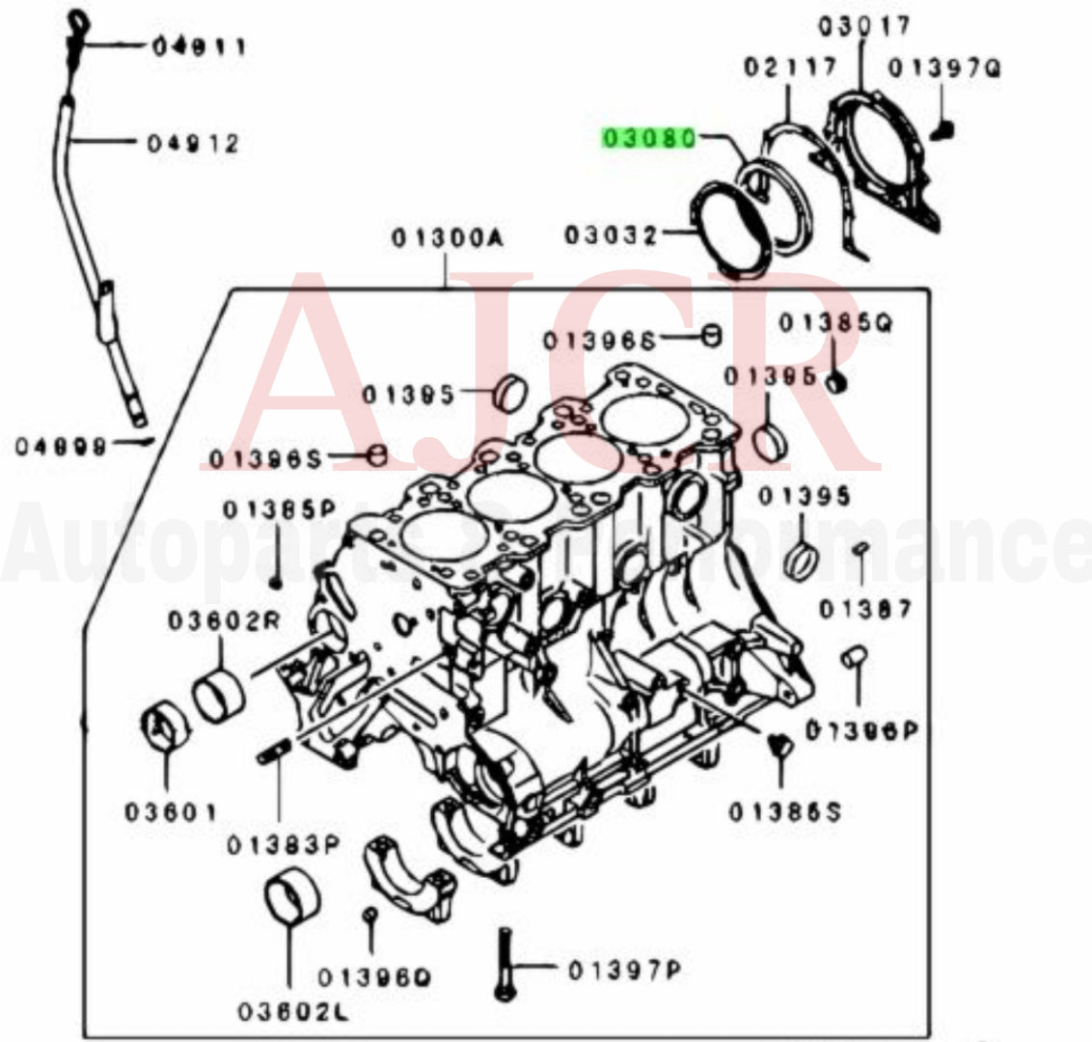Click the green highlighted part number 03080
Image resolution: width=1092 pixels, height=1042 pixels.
click(648, 140)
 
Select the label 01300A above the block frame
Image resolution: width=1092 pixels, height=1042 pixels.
click(447, 236)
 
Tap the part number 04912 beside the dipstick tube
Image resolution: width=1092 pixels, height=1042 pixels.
click(193, 144)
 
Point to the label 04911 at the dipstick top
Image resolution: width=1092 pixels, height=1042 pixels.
click(199, 46)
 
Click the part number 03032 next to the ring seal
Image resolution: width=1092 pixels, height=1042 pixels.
click(611, 235)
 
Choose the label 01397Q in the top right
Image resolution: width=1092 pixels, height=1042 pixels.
click(944, 68)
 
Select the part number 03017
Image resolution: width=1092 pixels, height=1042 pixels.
click(865, 25)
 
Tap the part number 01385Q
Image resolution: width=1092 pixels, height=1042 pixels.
click(835, 324)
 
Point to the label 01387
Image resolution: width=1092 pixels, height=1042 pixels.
click(865, 609)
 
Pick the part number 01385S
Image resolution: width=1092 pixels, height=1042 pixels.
click(784, 812)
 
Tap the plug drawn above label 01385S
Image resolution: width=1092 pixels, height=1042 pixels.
click(778, 744)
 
